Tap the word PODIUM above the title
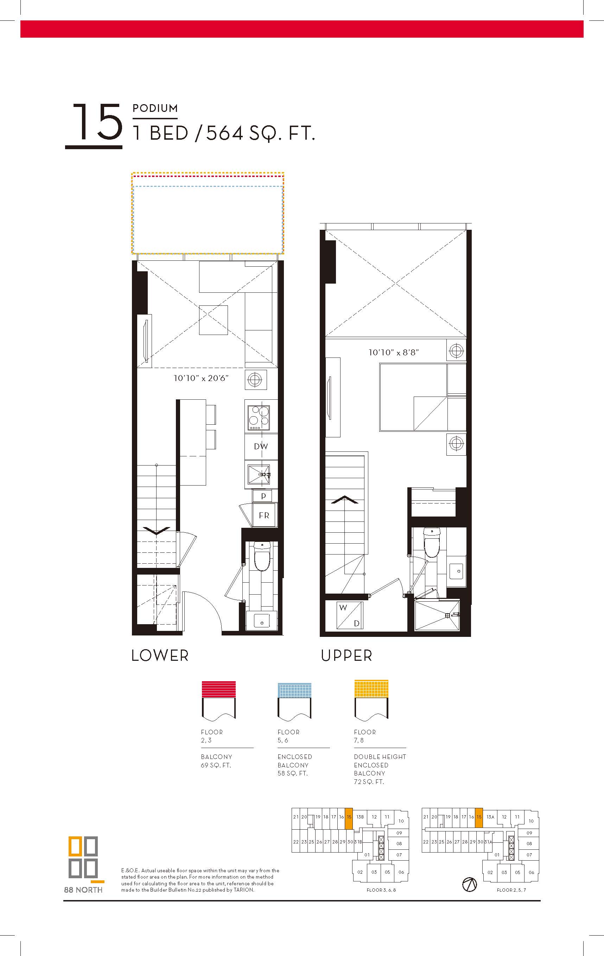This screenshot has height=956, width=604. click(x=155, y=108)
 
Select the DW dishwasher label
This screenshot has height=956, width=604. click(x=261, y=446)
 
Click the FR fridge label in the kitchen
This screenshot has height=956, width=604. click(x=264, y=515)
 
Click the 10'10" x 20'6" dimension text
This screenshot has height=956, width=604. click(x=201, y=378)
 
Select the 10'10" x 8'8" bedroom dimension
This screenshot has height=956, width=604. click(x=394, y=352)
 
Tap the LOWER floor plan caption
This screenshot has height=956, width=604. click(x=160, y=656)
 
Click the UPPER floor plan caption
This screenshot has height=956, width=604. click(x=346, y=656)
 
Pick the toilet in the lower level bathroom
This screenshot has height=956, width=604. click(x=261, y=556)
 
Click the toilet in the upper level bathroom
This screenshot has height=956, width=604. click(x=431, y=542)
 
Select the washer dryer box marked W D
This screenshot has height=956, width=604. click(x=350, y=615)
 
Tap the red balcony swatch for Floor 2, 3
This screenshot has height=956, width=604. click(x=219, y=690)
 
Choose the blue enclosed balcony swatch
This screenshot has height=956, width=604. click(x=294, y=690)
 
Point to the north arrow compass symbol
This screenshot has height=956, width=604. click(x=470, y=885)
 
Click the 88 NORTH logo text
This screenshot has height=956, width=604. click(x=83, y=890)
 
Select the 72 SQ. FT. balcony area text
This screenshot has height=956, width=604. click(x=369, y=782)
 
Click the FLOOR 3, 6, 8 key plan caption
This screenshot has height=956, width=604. click(x=381, y=890)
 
